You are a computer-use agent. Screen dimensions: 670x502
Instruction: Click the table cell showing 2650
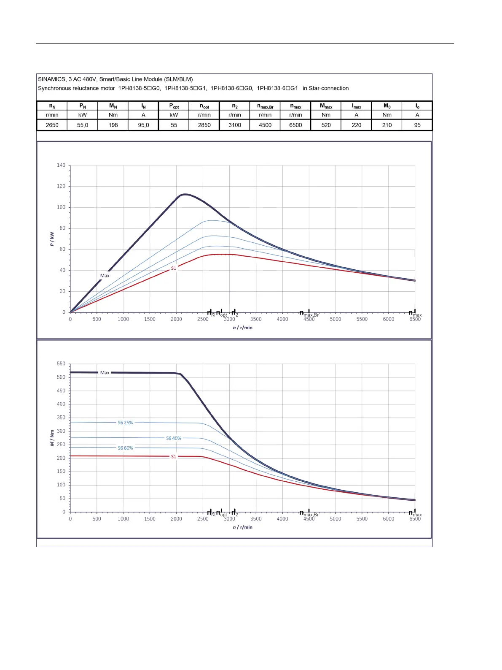pyautogui.click(x=52, y=125)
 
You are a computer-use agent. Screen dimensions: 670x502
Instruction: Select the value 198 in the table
pyautogui.click(x=113, y=125)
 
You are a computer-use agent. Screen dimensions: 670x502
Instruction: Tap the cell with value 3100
pyautogui.click(x=235, y=125)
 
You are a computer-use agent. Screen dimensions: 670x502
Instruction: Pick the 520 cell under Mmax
pyautogui.click(x=326, y=125)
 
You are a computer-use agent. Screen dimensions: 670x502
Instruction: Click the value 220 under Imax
pyautogui.click(x=357, y=125)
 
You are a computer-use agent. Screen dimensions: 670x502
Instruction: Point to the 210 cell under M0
pyautogui.click(x=387, y=125)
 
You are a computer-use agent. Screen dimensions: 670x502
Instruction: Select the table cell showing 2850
pyautogui.click(x=204, y=125)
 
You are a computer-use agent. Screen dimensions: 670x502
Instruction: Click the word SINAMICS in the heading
pyautogui.click(x=52, y=79)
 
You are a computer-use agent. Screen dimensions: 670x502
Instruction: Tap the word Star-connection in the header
pyautogui.click(x=329, y=88)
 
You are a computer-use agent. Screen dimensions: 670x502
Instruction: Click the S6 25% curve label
pyautogui.click(x=125, y=423)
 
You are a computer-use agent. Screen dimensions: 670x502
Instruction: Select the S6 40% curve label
pyautogui.click(x=174, y=438)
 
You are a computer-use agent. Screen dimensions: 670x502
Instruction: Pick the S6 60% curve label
pyautogui.click(x=125, y=448)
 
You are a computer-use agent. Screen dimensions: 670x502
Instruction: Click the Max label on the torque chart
pyautogui.click(x=105, y=373)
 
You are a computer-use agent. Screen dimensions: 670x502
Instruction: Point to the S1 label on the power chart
pyautogui.click(x=173, y=269)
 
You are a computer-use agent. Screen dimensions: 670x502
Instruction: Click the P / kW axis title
pyautogui.click(x=52, y=239)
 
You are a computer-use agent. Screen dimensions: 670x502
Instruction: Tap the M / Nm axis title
pyautogui.click(x=52, y=438)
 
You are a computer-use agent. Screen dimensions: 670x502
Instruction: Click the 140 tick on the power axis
pyautogui.click(x=61, y=165)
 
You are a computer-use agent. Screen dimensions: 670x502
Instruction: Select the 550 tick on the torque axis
pyautogui.click(x=61, y=363)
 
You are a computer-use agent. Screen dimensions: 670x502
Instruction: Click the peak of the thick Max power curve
pyautogui.click(x=185, y=194)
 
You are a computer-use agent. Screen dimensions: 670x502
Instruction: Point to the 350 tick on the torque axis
pyautogui.click(x=61, y=418)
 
